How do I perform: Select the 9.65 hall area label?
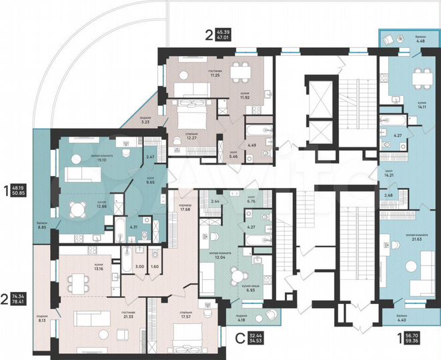151,181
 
